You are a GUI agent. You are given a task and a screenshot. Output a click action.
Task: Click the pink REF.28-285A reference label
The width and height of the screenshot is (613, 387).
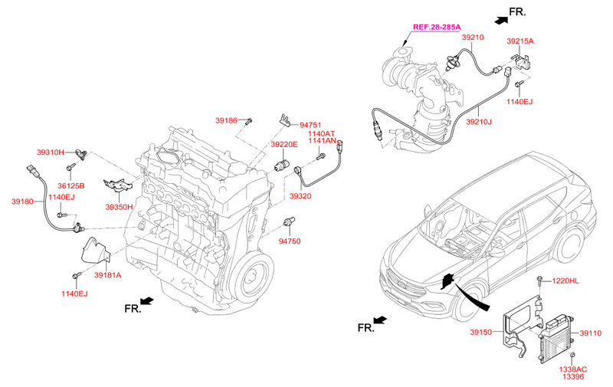coord(437,27)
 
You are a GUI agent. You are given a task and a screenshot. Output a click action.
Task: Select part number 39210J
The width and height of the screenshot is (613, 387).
coord(478,122)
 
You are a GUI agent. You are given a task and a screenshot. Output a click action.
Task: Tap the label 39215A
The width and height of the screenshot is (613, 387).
coord(520,41)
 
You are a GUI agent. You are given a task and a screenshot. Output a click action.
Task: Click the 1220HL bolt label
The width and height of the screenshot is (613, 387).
coord(565,280)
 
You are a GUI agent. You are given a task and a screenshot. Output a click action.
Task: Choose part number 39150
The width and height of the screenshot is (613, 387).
coord(481,333)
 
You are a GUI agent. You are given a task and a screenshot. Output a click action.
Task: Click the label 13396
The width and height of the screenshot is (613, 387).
coord(573,376)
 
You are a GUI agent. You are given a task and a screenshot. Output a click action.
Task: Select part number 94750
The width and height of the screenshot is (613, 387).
coord(290,241)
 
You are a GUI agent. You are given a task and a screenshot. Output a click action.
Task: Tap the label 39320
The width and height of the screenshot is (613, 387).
coord(300,196)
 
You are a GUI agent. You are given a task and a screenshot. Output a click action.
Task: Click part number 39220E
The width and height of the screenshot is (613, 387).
coord(284,145)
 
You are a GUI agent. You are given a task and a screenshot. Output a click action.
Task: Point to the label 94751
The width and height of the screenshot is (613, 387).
coord(310,125)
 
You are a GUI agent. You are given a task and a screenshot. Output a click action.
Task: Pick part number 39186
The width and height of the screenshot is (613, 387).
coord(226,120)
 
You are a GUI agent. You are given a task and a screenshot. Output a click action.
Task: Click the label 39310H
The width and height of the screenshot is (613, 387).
coord(51,152)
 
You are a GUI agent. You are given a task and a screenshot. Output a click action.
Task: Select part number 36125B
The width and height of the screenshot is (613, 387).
coord(70,186)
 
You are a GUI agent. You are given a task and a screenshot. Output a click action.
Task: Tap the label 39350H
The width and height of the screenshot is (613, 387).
coord(119,207)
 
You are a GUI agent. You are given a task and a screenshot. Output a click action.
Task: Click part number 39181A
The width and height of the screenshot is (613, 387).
coord(107,275)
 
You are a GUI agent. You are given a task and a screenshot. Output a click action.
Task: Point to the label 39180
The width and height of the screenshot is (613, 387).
coord(22,202)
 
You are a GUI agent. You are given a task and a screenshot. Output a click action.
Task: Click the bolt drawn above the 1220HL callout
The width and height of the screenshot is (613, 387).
coord(539,280)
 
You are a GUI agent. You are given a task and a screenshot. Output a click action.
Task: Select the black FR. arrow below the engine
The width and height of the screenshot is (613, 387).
coord(147,301)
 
